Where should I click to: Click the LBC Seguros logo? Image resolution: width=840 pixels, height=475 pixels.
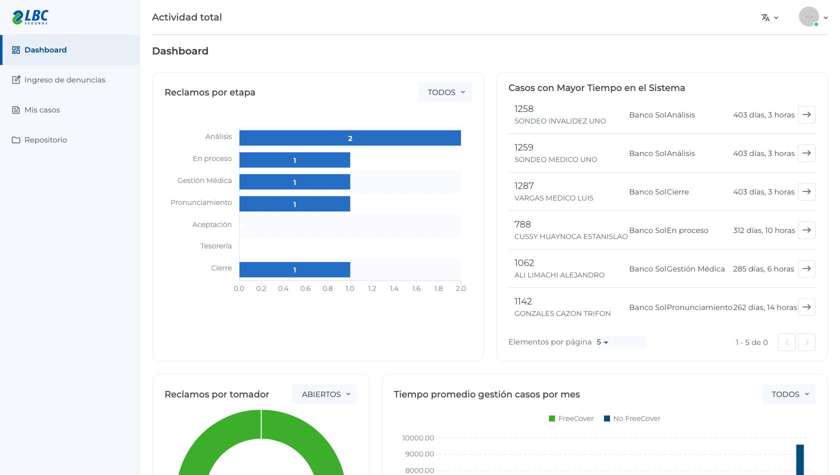30,17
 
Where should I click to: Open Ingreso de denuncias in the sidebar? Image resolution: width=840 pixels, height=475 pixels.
58,80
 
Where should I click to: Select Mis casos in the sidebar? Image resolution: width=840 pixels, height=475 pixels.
36,110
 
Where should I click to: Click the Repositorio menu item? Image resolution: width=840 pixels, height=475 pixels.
39,140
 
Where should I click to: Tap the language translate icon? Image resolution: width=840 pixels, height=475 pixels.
765,17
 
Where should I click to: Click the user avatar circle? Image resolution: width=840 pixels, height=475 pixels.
809,16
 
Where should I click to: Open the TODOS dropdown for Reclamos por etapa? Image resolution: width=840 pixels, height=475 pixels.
445,92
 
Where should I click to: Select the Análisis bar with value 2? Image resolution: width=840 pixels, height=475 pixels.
350,138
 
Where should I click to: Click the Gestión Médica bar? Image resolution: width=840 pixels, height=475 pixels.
295,182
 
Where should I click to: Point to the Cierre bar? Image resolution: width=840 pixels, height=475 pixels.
295,269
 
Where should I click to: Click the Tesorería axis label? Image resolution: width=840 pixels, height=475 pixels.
216,246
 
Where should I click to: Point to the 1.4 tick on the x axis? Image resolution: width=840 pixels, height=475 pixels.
394,288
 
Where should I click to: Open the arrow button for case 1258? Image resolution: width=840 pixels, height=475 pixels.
806,114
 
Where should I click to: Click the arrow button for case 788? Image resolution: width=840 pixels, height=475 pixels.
806,230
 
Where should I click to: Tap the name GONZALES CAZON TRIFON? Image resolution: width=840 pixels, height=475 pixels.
562,313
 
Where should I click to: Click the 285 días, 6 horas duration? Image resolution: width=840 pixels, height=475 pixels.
763,269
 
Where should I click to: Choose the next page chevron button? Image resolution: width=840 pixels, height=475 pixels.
806,342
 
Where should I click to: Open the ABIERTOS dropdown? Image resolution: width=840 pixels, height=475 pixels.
324,394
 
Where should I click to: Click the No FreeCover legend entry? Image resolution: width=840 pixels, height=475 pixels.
632,418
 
